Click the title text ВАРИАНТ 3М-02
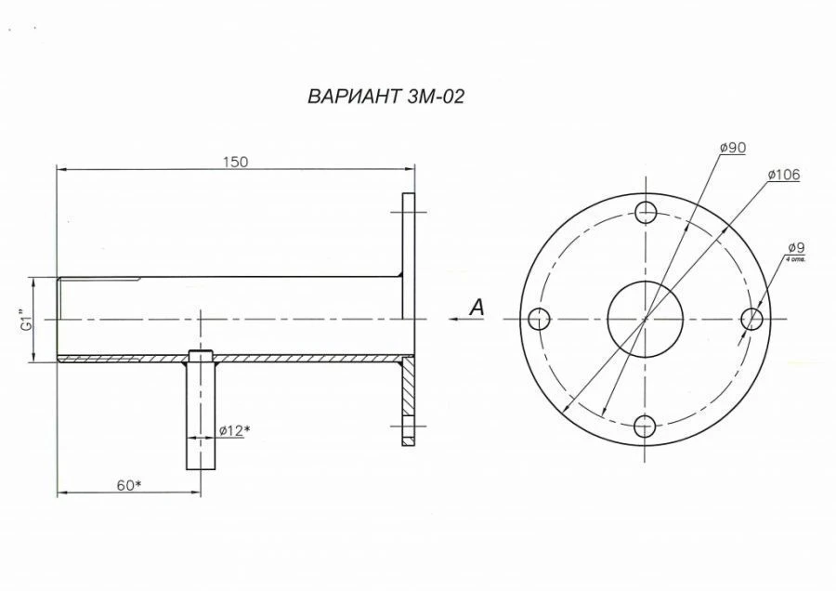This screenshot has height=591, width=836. [x=385, y=97]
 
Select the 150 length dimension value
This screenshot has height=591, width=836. [x=235, y=162]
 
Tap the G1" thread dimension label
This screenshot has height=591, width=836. [x=28, y=320]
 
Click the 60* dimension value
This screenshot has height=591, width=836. [x=128, y=485]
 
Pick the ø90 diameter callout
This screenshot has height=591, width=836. [x=734, y=148]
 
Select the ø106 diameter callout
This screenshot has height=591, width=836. [x=784, y=175]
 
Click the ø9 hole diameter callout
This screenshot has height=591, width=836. [x=795, y=247]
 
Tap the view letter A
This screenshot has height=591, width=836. [x=476, y=308]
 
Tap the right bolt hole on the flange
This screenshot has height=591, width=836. [x=753, y=319]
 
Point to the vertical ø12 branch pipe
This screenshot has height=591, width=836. [x=201, y=414]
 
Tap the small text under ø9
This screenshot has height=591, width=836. [x=796, y=260]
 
